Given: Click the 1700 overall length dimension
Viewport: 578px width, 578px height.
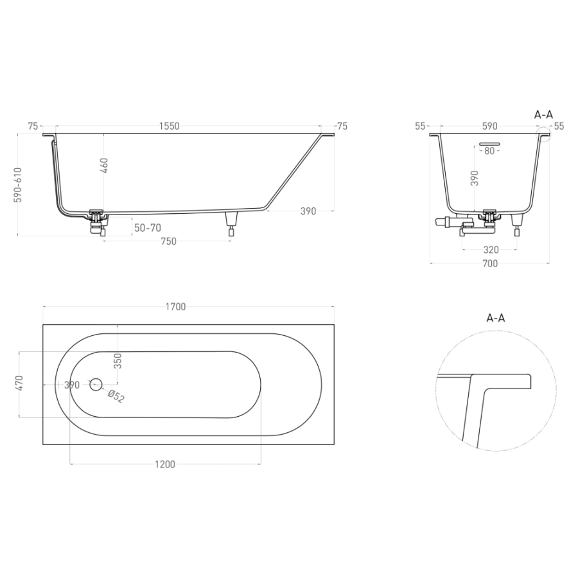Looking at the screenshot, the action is pyautogui.click(x=175, y=307).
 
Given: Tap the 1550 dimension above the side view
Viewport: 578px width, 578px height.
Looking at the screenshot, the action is pyautogui.click(x=169, y=126).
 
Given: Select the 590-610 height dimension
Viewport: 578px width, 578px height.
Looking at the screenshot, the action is pyautogui.click(x=18, y=185).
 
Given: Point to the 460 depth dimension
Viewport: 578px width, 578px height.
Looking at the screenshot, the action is pyautogui.click(x=104, y=166).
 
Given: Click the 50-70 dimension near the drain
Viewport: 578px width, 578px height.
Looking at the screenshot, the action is pyautogui.click(x=148, y=228).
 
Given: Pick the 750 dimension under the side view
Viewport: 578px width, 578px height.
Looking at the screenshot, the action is pyautogui.click(x=168, y=241).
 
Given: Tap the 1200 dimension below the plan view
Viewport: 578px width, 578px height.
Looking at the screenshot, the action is pyautogui.click(x=165, y=464).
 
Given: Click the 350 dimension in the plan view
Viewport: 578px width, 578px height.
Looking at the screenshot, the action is pyautogui.click(x=118, y=361).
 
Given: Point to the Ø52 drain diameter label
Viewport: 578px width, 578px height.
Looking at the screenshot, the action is pyautogui.click(x=116, y=396).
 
